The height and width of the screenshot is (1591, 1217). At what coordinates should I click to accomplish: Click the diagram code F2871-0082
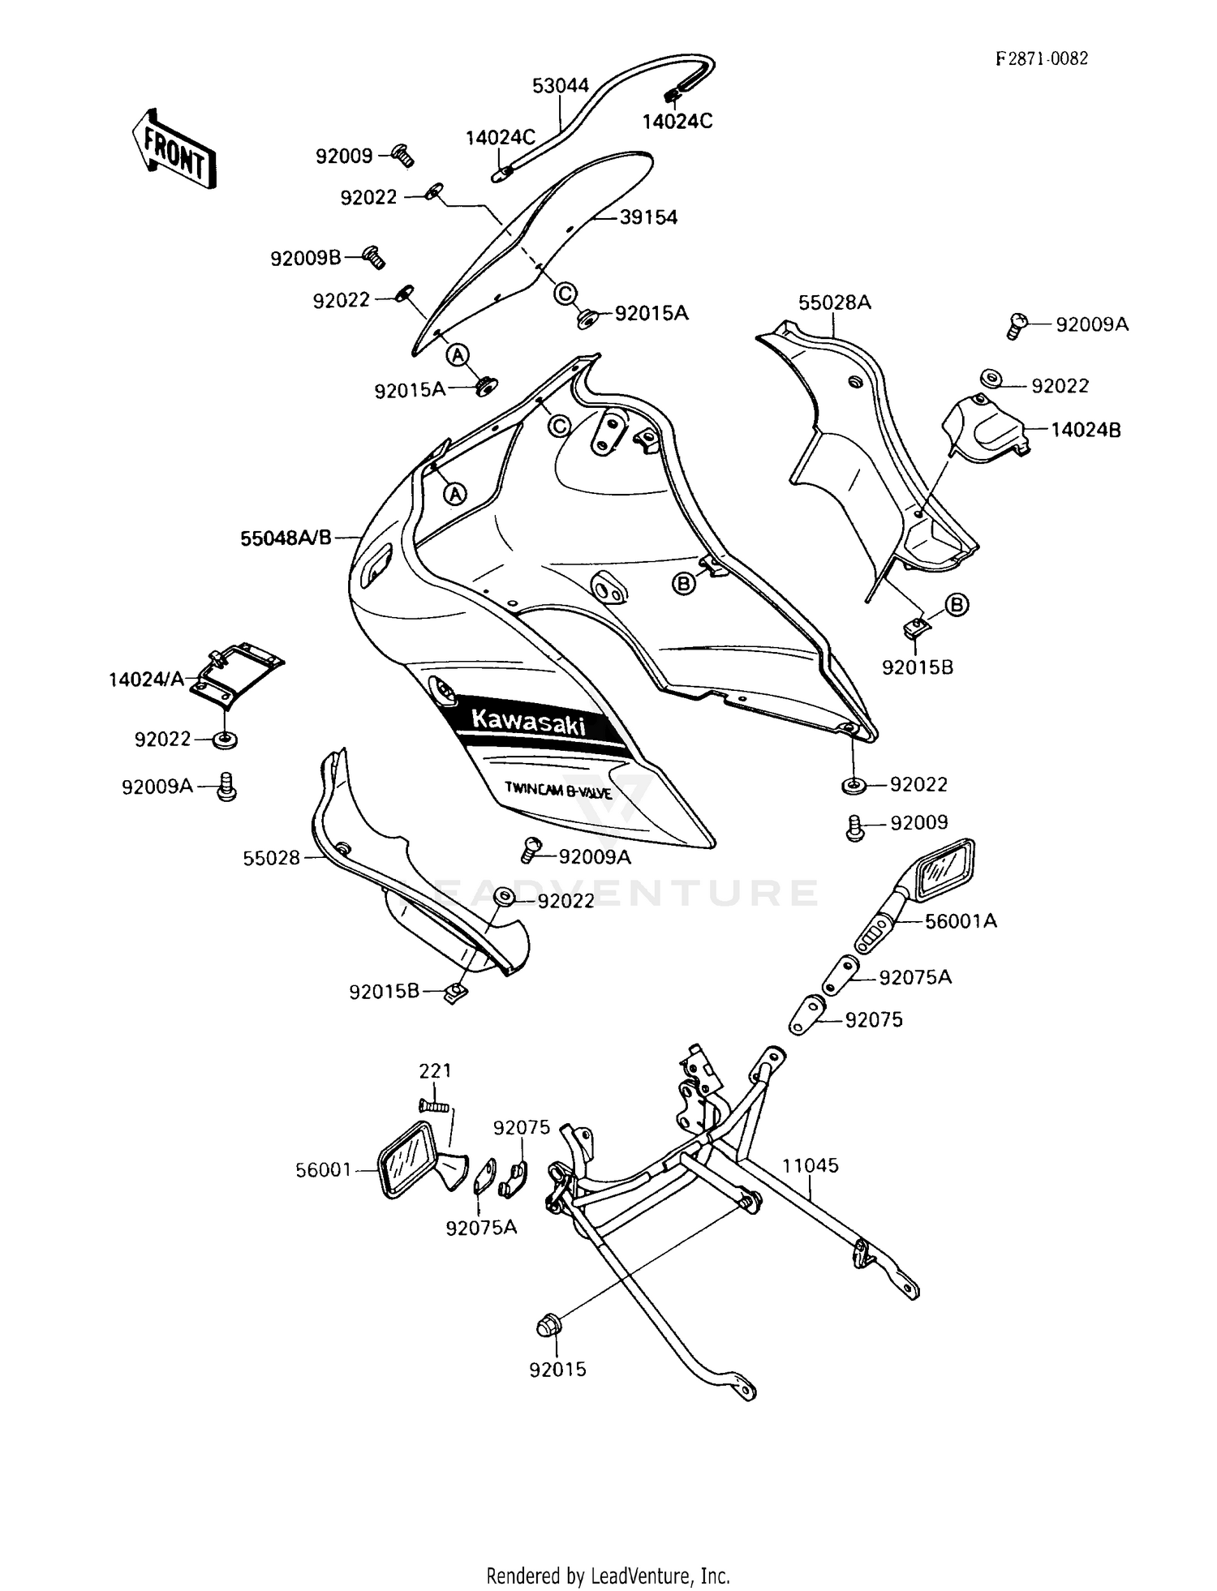(1042, 58)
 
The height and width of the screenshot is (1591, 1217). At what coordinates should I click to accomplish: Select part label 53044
(560, 85)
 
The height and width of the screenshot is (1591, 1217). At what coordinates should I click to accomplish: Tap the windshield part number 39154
(648, 217)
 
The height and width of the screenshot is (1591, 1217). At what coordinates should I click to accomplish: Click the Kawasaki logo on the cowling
(528, 720)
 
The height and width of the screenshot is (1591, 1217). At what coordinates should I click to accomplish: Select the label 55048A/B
(286, 537)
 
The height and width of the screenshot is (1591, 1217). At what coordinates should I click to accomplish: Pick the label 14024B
(1086, 430)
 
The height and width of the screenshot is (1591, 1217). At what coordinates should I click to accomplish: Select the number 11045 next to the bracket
(810, 1165)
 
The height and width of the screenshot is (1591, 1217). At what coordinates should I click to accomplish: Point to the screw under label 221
(434, 1104)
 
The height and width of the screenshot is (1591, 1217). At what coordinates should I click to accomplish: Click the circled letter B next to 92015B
(957, 604)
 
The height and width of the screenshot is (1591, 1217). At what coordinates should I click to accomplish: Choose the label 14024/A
(146, 680)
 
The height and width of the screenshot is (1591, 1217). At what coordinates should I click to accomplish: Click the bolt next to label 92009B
(374, 257)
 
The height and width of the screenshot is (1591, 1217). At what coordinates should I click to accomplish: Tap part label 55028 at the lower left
(271, 858)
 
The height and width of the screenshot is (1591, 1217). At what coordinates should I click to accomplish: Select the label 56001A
(961, 921)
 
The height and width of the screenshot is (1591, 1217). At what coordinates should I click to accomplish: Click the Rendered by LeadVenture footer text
(608, 1576)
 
